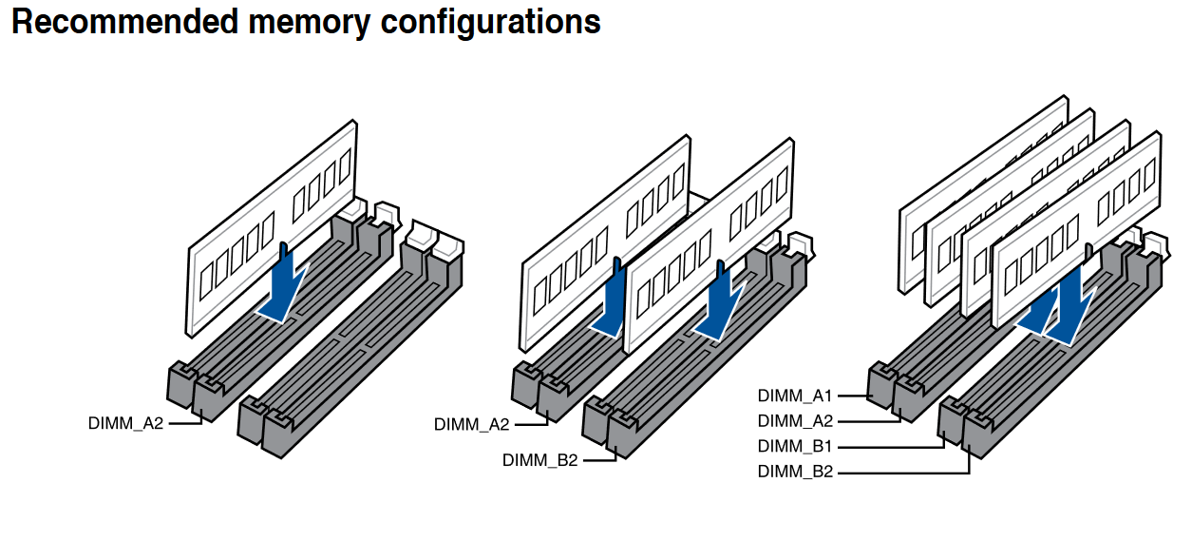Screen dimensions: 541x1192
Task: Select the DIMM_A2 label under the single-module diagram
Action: point(125,424)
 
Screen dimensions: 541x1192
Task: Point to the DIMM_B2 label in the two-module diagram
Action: point(539,461)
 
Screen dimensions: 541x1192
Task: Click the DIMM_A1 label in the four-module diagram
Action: point(795,396)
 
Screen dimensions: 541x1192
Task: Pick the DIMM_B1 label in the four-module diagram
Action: point(795,446)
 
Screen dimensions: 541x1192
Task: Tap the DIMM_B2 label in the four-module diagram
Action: point(795,471)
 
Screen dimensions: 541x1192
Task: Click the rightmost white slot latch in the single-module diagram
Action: point(447,245)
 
